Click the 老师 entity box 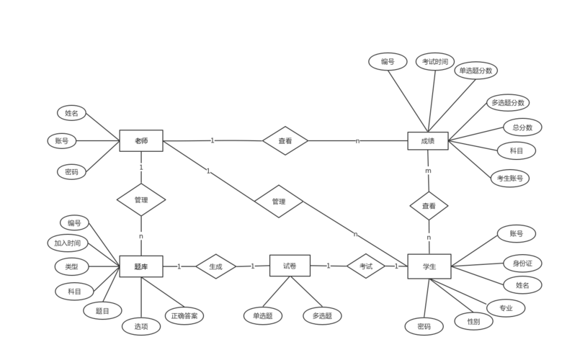pos(141,140)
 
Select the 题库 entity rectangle pos(140,266)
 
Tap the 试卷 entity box pos(289,266)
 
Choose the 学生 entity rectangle pos(429,266)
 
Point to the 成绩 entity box pos(427,140)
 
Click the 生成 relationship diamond pos(215,266)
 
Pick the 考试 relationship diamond pos(366,266)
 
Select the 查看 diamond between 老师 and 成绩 pos(285,141)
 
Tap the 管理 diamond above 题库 pos(141,199)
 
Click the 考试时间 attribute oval pos(435,62)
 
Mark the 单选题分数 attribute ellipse pos(476,71)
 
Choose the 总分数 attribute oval pos(522,127)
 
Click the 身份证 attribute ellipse pos(522,263)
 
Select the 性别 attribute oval pos(473,320)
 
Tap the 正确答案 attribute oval pos(185,315)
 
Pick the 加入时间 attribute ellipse pos(67,243)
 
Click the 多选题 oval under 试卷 pos(322,315)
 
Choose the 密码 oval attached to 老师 pos(71,172)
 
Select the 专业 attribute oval pos(506,307)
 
